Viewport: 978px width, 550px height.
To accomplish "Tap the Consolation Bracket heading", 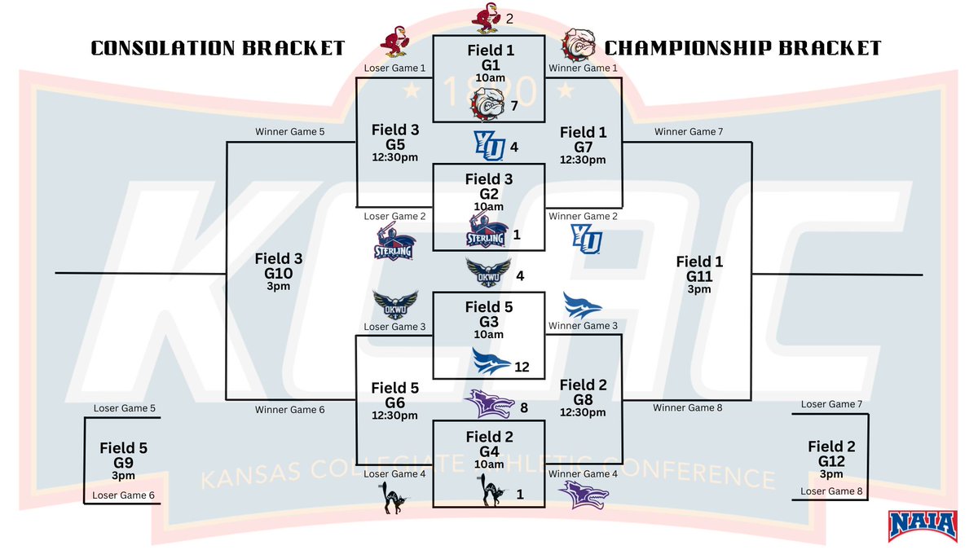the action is coord(218,48).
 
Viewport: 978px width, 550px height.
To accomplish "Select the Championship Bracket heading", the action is coord(742,48).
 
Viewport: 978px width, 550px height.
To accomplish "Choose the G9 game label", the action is coord(122,461).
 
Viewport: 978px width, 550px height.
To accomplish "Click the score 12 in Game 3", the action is coord(522,367).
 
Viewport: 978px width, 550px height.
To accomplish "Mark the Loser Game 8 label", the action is coord(831,491).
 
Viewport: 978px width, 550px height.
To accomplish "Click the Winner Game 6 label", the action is coord(289,409).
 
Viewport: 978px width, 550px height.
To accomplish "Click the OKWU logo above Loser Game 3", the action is coord(395,306).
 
